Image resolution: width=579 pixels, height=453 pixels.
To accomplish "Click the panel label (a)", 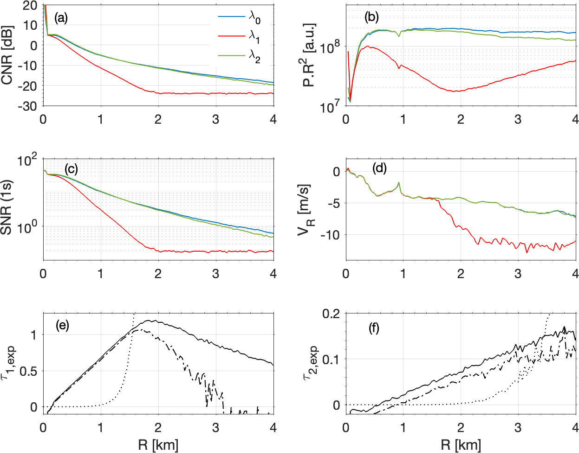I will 61,18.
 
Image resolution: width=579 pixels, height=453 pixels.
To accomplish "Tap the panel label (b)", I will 371,18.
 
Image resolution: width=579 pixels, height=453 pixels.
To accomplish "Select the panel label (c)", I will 71,169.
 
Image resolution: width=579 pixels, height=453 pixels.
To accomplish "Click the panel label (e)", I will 62,326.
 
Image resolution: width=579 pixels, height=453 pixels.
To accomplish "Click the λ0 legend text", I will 254,17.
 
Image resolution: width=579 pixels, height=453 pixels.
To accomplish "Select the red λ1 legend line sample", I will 231,36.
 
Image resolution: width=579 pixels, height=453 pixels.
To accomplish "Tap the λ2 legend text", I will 254,55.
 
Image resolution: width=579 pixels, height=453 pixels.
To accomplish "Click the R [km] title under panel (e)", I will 158,445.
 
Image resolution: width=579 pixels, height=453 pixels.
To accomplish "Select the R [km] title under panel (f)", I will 461,445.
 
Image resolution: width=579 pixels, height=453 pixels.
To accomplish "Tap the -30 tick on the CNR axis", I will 28,106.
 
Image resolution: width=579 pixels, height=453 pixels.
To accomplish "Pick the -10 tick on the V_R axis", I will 331,234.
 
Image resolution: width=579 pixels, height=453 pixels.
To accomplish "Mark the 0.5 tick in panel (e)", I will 30,371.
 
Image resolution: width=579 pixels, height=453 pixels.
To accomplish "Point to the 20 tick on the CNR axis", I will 31,6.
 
